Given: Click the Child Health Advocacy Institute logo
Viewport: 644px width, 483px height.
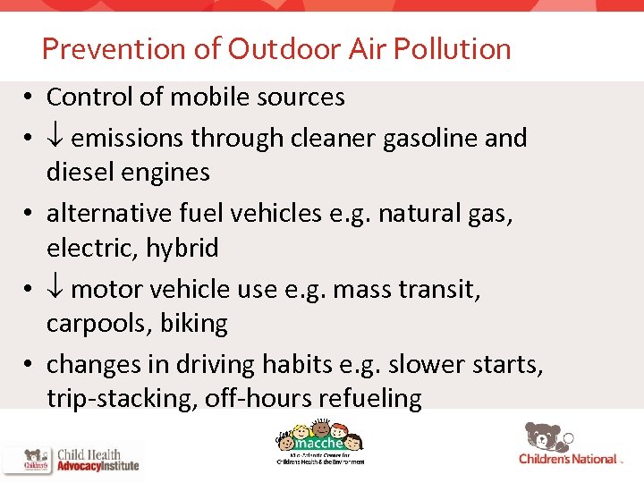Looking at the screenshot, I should point(72,459).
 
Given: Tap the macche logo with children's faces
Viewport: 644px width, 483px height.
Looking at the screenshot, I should point(318,443).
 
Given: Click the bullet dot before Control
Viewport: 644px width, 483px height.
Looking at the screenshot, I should point(30,97).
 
